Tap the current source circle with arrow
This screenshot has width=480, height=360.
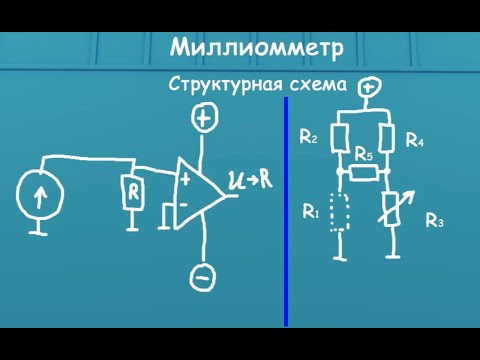[x=40, y=194]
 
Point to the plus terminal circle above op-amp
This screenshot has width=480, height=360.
[x=205, y=119]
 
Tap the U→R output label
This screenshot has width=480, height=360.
[x=246, y=180]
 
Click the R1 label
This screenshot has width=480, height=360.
[x=310, y=211]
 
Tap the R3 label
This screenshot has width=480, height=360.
[x=434, y=221]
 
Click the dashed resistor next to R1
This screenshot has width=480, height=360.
[x=341, y=212]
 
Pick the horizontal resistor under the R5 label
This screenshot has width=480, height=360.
[x=364, y=173]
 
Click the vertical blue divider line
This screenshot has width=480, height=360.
[x=286, y=210]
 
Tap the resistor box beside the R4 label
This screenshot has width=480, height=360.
[x=388, y=139]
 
